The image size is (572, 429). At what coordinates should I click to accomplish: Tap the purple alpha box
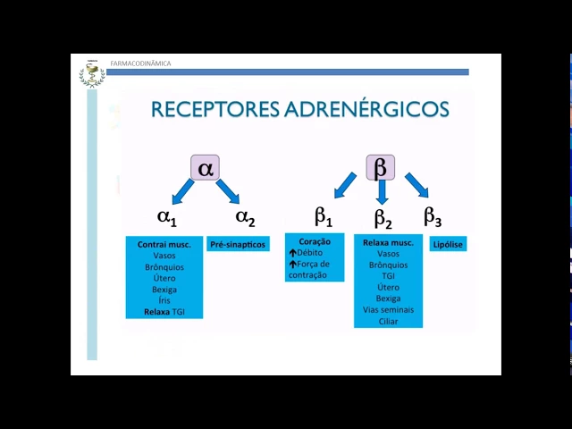[x=206, y=167]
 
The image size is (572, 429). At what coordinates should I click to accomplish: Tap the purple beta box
[x=380, y=167]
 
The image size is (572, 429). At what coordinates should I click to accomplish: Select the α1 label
[x=167, y=216]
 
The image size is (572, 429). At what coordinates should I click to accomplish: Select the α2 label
[x=245, y=216]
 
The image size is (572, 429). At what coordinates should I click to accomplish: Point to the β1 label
[x=324, y=216]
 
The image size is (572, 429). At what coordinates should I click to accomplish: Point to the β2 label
[x=383, y=217]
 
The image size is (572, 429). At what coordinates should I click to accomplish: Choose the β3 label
[x=433, y=216]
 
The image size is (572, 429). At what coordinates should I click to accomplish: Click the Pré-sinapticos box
[x=238, y=244]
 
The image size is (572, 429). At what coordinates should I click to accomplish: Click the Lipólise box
[x=448, y=244]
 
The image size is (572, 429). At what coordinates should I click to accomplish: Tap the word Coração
[x=315, y=241]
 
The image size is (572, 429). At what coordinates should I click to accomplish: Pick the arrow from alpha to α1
[x=182, y=190]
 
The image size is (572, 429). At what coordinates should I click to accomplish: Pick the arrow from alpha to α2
[x=228, y=190]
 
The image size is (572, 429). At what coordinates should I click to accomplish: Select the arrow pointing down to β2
[x=382, y=190]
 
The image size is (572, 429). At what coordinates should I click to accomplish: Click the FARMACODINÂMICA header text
[x=140, y=63]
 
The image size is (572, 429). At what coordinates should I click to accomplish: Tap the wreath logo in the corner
[x=91, y=73]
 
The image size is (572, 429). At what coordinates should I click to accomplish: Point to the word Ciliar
[x=388, y=321]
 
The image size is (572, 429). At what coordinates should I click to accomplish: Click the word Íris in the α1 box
[x=164, y=301]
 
